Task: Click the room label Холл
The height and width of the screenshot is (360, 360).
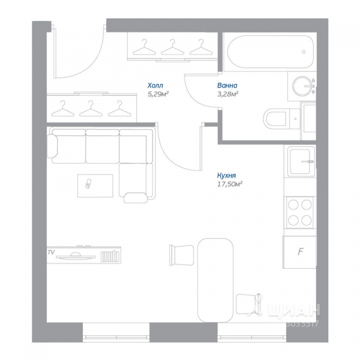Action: [155, 85]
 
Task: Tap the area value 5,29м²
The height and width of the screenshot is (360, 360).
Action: [158, 94]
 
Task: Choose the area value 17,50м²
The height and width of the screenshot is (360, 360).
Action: [233, 184]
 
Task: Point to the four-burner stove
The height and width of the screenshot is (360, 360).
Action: [300, 211]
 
